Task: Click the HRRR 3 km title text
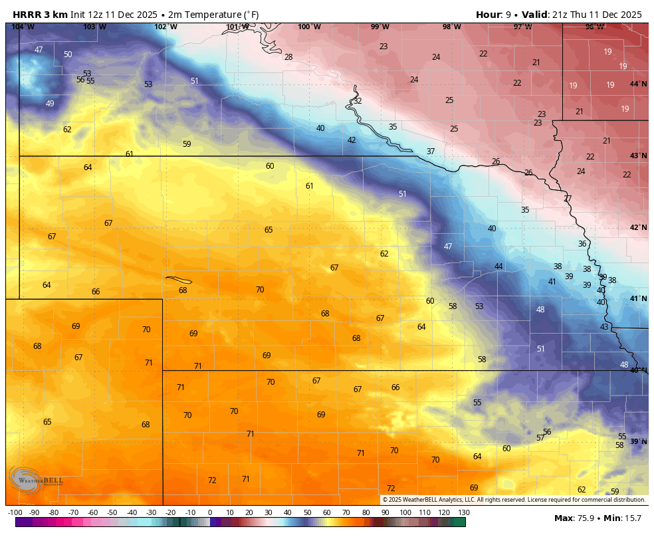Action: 40,15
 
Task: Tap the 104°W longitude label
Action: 23,27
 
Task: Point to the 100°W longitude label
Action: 309,27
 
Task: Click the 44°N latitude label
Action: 638,84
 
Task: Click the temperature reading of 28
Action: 288,57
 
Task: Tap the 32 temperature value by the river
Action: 358,101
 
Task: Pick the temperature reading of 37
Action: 431,152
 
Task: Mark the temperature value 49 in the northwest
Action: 50,104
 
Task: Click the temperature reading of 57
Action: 540,438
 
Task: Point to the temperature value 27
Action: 568,199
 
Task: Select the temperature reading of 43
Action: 604,327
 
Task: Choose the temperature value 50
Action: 68,54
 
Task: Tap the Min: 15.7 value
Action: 623,518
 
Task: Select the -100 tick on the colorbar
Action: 15,512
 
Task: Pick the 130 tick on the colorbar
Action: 463,512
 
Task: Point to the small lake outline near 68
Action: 179,280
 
